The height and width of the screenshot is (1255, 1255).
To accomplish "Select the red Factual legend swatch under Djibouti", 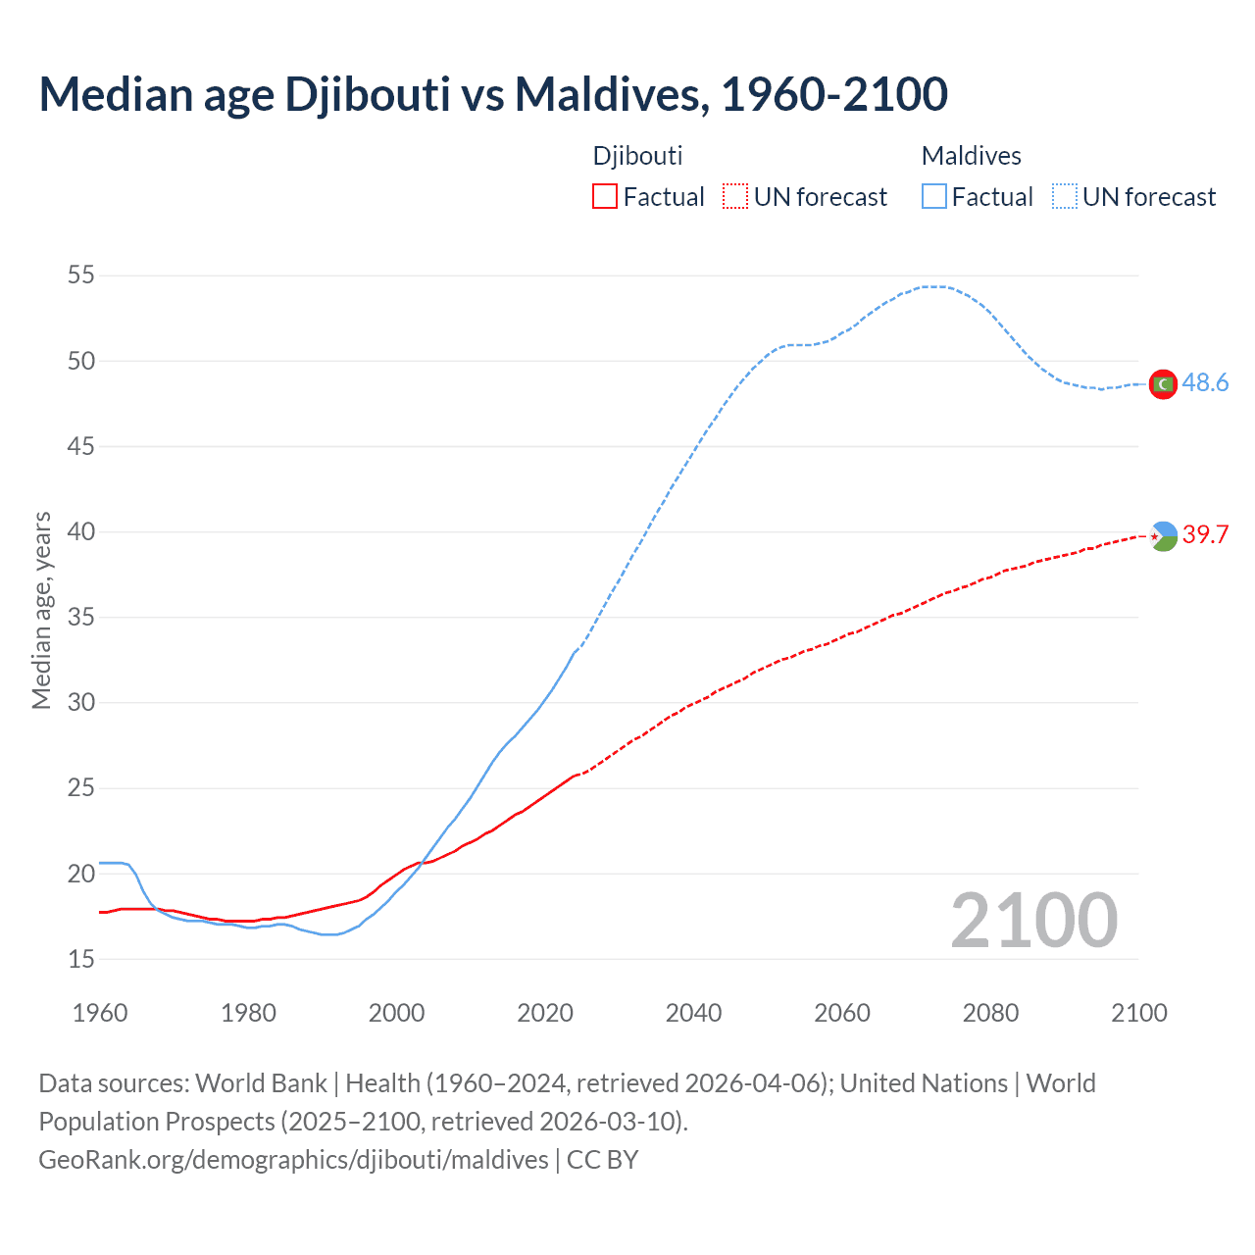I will pos(604,197).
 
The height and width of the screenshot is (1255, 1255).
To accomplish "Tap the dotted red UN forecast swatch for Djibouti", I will pos(734,197).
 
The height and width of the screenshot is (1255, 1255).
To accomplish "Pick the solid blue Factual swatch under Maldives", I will pos(933,197).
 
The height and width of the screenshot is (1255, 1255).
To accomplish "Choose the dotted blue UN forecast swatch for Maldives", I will pos(1064,197).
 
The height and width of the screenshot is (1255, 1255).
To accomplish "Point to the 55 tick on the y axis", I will pos(81,276).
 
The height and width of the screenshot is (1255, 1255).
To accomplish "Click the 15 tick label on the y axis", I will pos(81,959).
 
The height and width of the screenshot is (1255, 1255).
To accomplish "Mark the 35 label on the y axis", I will pos(81,618).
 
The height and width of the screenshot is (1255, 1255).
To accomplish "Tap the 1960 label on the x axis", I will pos(100,1013).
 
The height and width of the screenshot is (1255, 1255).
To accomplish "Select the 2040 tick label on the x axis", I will pos(693,1013).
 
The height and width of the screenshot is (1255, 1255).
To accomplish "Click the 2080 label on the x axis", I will pos(990,1013).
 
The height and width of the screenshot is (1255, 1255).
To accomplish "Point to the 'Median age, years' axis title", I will pos(41,610).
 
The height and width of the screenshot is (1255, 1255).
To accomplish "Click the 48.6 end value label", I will pos(1205,383).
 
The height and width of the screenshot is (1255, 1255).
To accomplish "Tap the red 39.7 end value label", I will pos(1205,535).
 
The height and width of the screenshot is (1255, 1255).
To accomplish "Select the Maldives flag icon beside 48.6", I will pos(1163,384).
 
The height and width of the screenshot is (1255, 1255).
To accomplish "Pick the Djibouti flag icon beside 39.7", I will pos(1163,536).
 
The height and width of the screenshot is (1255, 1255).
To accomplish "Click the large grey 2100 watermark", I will pos(1033,921).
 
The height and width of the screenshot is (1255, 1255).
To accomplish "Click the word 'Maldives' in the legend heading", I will pos(971,156).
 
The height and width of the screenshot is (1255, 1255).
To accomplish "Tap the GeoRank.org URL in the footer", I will pos(293,1160).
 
